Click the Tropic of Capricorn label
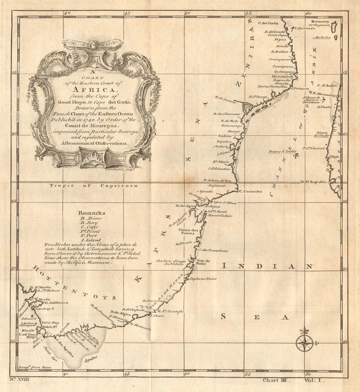tap(93, 185)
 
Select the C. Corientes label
tap(250, 191)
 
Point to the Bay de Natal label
tap(203, 262)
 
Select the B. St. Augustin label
tap(314, 182)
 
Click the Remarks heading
tap(92, 213)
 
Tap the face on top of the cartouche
tap(93, 45)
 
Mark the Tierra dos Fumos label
tap(188, 232)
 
